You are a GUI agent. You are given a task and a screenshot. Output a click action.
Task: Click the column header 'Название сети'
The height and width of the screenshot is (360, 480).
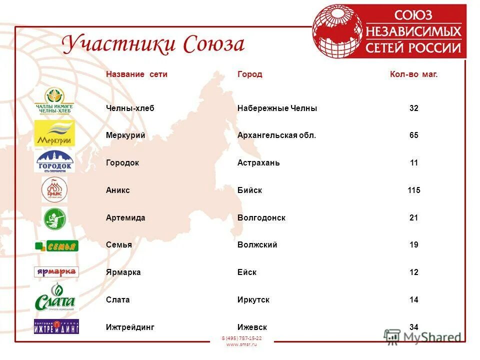(136, 74)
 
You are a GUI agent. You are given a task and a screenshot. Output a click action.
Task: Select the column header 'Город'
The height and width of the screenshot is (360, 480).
(249, 74)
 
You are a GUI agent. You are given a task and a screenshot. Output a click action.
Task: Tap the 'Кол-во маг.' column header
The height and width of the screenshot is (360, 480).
(413, 74)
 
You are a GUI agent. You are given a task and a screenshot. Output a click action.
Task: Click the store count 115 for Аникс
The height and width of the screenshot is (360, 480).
(413, 190)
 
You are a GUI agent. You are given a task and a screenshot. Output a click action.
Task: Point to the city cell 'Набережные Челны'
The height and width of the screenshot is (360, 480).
(277, 108)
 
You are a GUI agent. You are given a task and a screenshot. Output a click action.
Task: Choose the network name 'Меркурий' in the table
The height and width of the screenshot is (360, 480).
(125, 135)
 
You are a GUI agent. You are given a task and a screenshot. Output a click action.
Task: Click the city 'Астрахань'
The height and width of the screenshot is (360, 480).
(258, 163)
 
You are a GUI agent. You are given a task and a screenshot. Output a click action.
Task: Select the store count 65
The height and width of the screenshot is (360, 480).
(413, 135)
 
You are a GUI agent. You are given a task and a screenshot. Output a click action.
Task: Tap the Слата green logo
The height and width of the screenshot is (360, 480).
(55, 298)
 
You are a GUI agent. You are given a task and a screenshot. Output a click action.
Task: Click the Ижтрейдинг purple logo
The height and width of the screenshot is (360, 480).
(56, 326)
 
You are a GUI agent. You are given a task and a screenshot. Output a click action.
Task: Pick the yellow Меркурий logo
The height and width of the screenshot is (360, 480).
(54, 133)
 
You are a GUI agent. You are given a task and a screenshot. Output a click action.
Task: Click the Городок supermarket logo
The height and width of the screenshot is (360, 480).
(54, 161)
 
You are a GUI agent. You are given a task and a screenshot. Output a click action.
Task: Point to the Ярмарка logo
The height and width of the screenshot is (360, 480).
(56, 272)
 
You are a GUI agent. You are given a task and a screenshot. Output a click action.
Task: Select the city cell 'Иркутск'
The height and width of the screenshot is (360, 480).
(253, 300)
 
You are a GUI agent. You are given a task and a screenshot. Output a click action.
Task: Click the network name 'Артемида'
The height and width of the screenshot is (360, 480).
(125, 218)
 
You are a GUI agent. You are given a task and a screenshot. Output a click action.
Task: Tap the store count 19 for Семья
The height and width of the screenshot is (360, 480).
(413, 245)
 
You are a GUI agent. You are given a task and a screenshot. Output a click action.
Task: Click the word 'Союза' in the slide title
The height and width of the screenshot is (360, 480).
(214, 44)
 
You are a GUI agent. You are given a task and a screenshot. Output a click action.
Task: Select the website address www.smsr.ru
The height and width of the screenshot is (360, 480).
(241, 344)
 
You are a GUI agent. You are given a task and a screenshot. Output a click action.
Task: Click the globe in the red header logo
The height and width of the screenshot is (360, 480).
(337, 31)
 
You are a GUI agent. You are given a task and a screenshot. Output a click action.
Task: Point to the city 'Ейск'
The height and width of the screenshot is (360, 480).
(247, 272)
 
